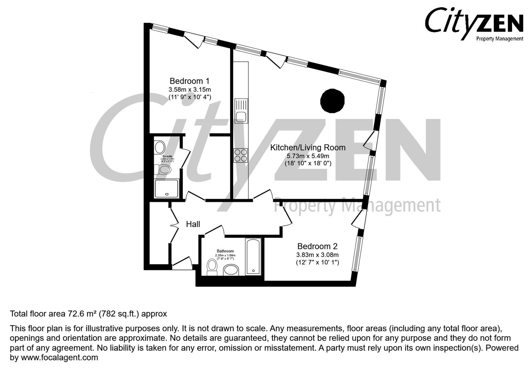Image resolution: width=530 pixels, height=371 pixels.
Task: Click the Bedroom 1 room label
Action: tap(189, 81)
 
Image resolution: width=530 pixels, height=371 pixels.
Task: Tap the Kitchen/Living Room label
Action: tap(308, 148)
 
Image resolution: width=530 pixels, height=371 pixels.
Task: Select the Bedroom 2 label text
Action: tap(317, 246)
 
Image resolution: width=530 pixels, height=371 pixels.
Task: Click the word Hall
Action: tap(193, 224)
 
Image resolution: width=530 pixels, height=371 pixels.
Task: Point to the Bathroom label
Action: tap(225, 251)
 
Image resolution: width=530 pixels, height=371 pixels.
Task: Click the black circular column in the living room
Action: tap(332, 101)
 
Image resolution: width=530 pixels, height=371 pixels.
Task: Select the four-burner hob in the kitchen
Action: tap(241, 155)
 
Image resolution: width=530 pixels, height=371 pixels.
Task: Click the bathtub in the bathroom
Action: tap(253, 256)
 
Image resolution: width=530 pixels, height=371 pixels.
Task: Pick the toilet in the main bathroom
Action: tap(212, 267)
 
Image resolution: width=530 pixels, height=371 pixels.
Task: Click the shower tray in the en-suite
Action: tap(166, 189)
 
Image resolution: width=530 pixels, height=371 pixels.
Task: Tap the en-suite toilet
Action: tap(163, 169)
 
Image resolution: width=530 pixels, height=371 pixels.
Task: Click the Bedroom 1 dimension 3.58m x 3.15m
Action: tap(189, 90)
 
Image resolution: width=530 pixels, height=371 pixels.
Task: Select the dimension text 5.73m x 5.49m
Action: tap(308, 156)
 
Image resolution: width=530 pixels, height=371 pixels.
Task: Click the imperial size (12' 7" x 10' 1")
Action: tap(317, 262)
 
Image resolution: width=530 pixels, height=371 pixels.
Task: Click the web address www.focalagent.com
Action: tap(59, 358)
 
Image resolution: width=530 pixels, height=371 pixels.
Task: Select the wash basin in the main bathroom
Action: tap(231, 270)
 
